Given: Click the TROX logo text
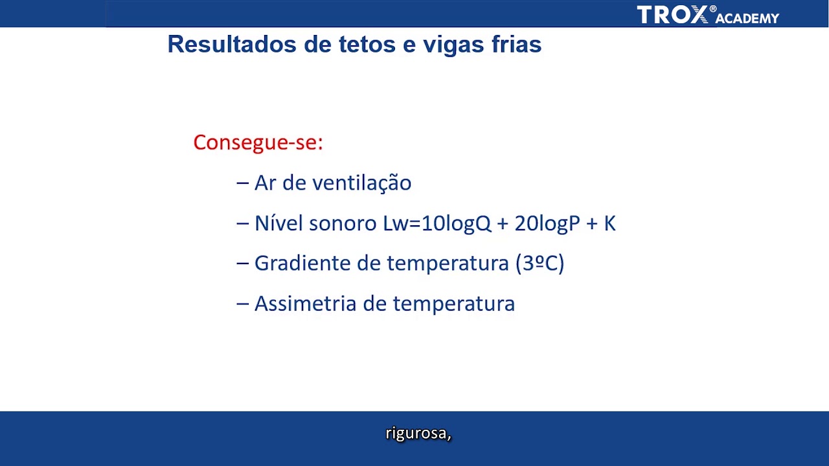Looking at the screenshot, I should coord(673,15).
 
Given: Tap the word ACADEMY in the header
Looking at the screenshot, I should coord(747,19).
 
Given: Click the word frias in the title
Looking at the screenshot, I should coord(516,45).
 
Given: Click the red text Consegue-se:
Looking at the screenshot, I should coord(258,142).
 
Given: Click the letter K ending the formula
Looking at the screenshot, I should coord(609,223).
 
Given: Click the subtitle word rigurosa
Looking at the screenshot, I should coord(418,434).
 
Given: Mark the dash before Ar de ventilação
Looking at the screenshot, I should coord(243,183).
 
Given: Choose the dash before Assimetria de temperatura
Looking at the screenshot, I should coord(243,304).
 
